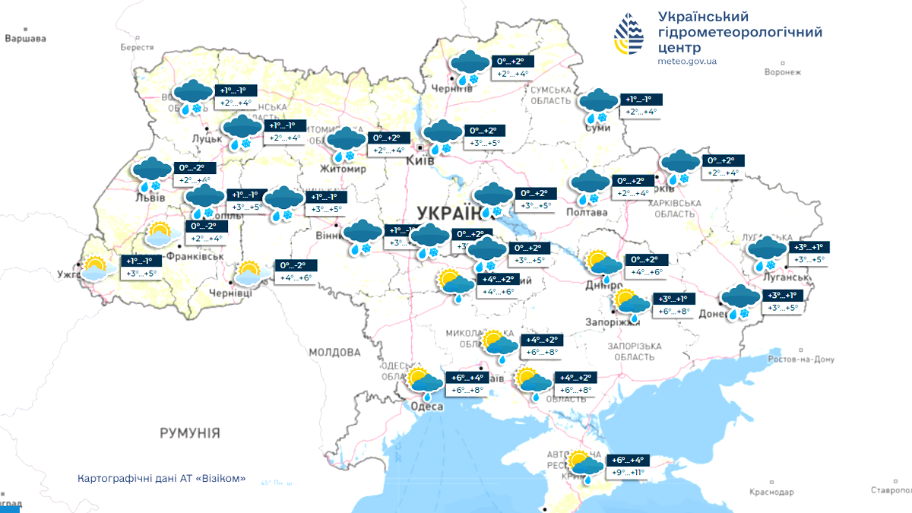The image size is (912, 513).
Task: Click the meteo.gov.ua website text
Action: (x=687, y=62)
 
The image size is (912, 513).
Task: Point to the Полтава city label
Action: (x=587, y=212)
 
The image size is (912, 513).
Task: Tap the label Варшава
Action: (x=25, y=38)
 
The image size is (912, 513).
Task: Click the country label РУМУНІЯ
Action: (x=189, y=433)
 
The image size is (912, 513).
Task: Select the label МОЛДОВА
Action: (x=334, y=353)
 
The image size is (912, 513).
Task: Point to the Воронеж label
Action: (x=782, y=72)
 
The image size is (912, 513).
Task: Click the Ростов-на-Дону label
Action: (x=803, y=359)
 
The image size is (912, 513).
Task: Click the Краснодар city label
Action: (x=771, y=492)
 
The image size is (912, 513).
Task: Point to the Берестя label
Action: (x=137, y=47)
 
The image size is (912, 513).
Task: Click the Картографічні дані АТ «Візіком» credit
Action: (x=162, y=479)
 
